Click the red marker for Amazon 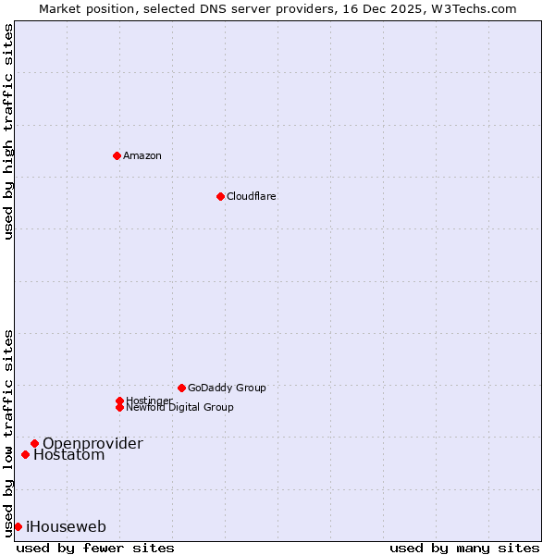pos(117,155)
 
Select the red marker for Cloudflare pos(220,196)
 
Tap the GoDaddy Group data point pos(181,388)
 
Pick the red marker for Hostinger pos(119,401)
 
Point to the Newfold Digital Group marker pos(119,407)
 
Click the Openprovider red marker pos(34,443)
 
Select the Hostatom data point pos(25,454)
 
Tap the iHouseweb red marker pos(18,526)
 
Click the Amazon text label pos(142,155)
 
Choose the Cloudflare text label pos(252,196)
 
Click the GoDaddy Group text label pos(227,388)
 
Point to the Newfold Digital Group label pos(180,408)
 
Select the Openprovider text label pos(92,443)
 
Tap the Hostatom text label pos(69,455)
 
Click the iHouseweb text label pos(66,527)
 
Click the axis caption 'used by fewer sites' pos(95,548)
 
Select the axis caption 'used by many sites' pos(464,548)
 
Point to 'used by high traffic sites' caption pos(9,131)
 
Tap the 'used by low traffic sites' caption pos(9,432)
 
